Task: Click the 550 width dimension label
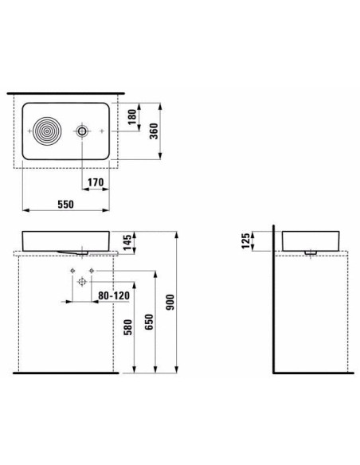point(65,205)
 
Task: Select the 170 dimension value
point(96,182)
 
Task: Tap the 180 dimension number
point(132,116)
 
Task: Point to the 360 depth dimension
point(154,131)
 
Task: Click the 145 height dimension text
point(127,243)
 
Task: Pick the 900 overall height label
point(170,303)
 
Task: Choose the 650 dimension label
point(149,322)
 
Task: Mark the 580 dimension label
point(127,327)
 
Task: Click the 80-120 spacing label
point(114,295)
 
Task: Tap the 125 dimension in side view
point(246,240)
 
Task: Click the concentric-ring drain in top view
point(47,131)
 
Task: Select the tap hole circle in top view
point(81,131)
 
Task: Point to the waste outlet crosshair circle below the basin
point(82,282)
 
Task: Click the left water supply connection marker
point(72,271)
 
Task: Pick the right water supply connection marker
point(92,271)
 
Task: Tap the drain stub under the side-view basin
point(311,252)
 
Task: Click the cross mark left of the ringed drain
point(29,131)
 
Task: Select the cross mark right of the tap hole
point(102,131)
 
